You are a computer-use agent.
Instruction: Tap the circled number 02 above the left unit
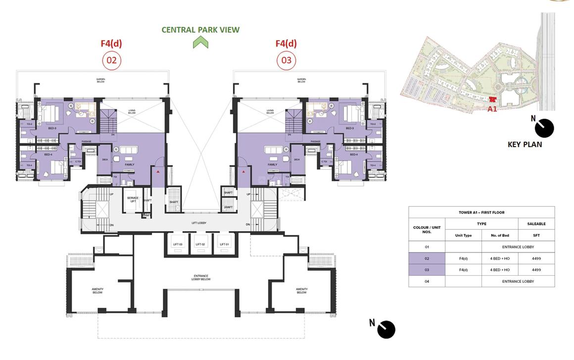click(x=111, y=60)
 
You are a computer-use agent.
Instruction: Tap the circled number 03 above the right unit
click(x=286, y=60)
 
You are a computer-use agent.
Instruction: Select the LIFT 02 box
click(x=200, y=245)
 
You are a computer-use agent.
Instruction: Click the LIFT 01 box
click(x=225, y=245)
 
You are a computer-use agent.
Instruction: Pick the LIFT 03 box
click(x=178, y=245)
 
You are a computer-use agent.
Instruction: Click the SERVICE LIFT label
click(x=133, y=200)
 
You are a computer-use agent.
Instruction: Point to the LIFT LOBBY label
click(x=199, y=223)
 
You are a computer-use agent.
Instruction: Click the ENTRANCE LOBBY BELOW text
click(x=200, y=277)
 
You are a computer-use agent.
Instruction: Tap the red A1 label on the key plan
click(x=492, y=109)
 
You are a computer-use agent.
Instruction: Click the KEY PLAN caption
click(x=525, y=145)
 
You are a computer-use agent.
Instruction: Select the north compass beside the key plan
click(x=544, y=128)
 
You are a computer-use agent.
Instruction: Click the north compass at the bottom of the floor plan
click(x=386, y=329)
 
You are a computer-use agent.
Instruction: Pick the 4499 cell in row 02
click(x=536, y=258)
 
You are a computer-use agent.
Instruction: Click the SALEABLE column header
click(x=536, y=224)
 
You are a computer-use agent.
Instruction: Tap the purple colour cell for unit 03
click(x=427, y=270)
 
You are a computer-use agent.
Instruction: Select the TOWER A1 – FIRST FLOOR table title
click(x=481, y=212)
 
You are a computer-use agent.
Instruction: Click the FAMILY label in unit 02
click(x=129, y=164)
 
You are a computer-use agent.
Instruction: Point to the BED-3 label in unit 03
click(x=350, y=128)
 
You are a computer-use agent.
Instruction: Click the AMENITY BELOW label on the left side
click(x=97, y=291)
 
